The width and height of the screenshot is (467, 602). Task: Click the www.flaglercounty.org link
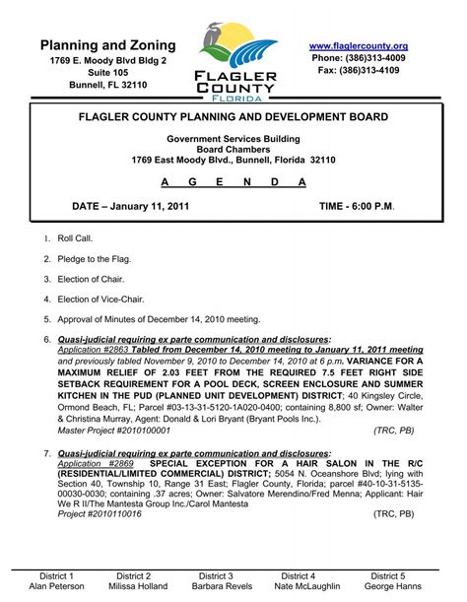358,46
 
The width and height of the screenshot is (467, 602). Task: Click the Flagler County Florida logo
233,60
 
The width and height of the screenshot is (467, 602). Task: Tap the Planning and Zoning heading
108,45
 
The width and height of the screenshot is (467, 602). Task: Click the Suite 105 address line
108,73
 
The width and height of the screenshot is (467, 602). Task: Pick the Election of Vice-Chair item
105,299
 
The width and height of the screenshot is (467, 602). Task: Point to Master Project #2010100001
114,431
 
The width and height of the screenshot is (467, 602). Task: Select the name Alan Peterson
57,586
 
